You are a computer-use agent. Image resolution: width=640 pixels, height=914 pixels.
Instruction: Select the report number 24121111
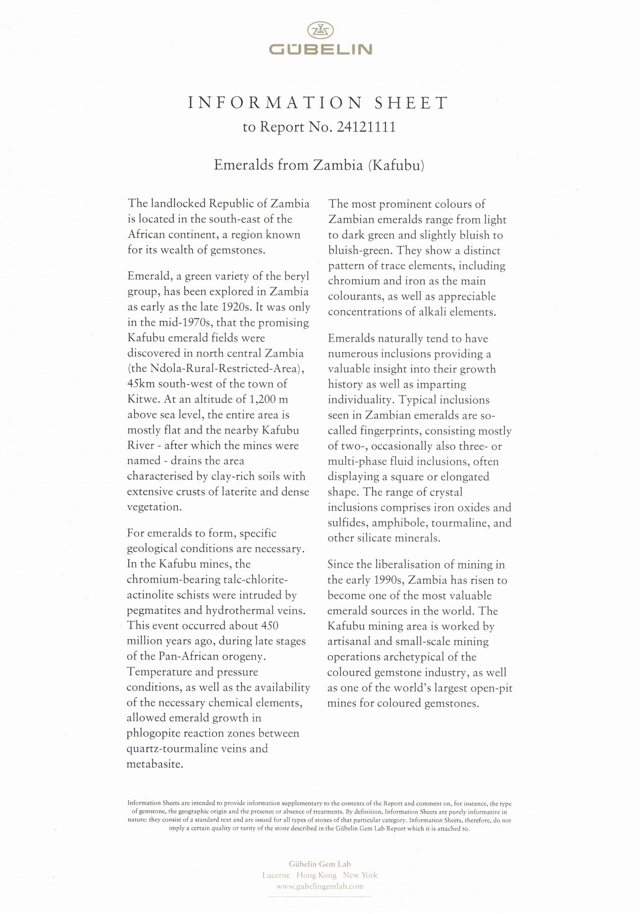[x=366, y=128]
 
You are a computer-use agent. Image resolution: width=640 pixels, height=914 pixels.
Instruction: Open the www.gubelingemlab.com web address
[x=320, y=886]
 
